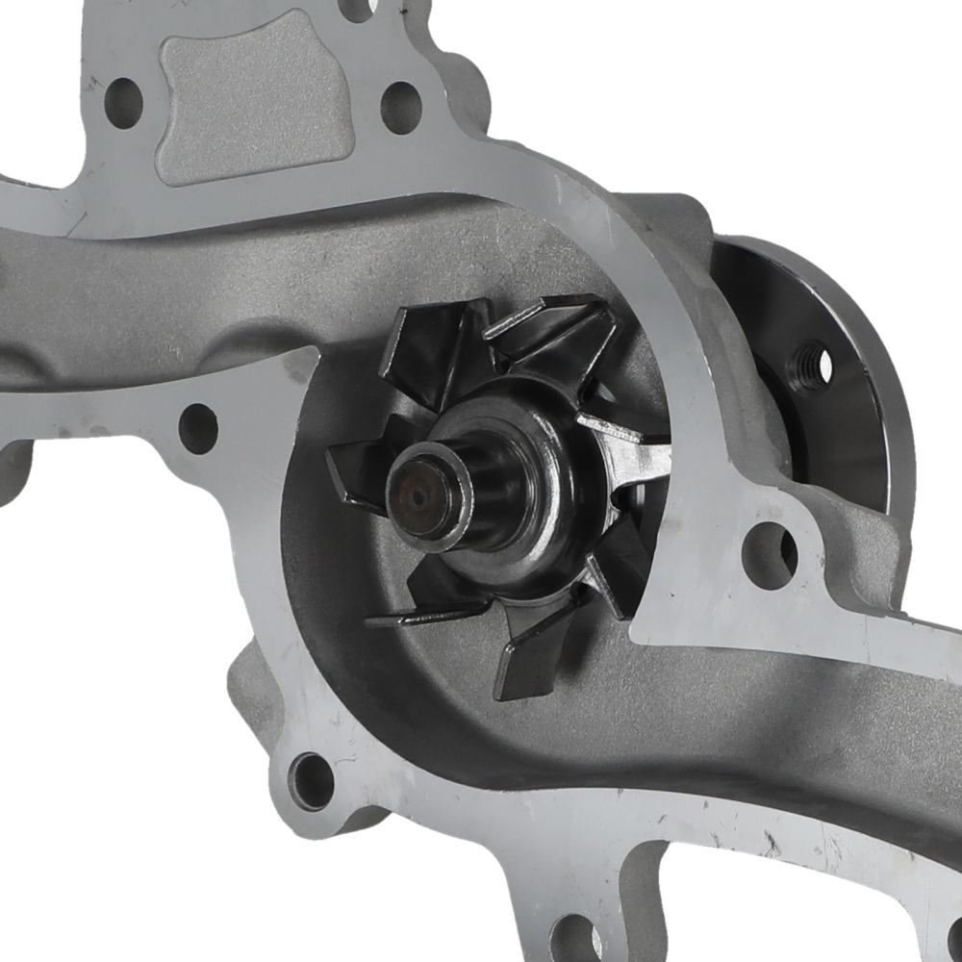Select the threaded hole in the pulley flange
(x=811, y=366)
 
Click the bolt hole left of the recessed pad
(x=123, y=102)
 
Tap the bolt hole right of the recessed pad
(x=401, y=107)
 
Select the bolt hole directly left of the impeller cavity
(x=198, y=429)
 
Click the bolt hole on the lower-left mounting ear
(x=312, y=780)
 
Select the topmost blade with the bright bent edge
(x=548, y=332)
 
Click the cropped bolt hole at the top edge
(x=357, y=8)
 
